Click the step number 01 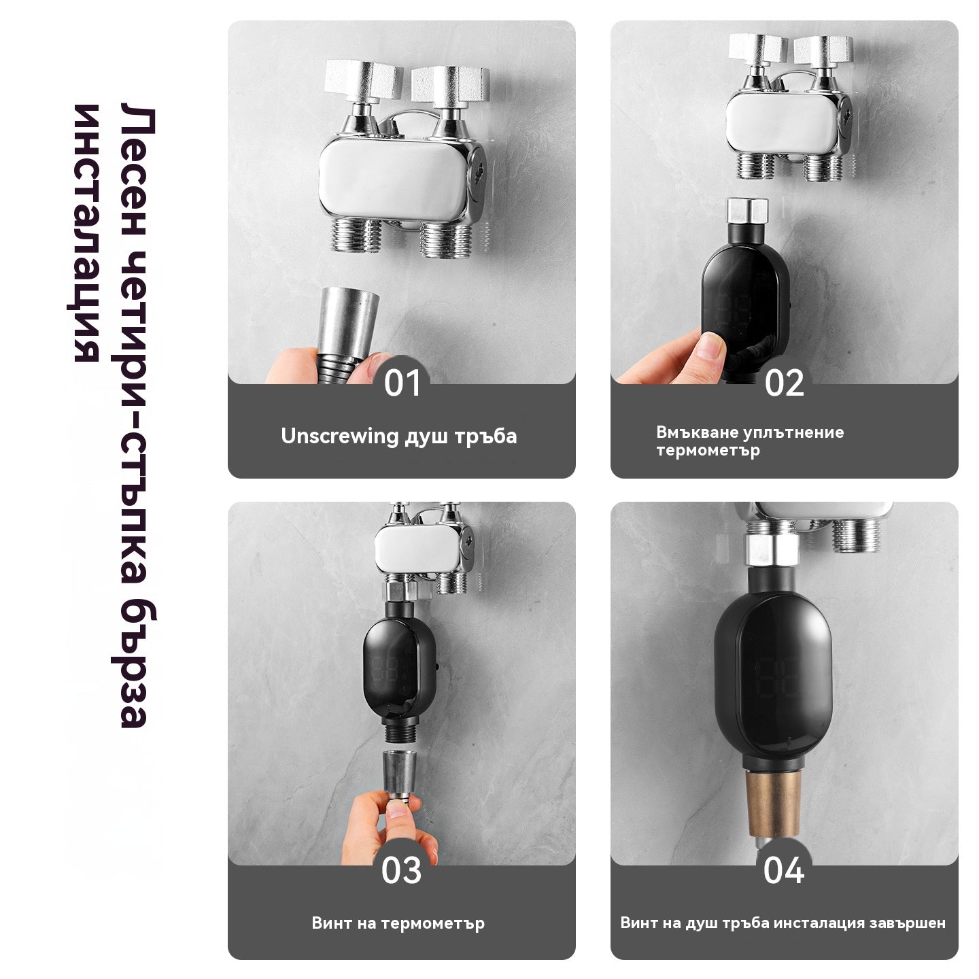click(x=402, y=383)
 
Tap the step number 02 click(x=784, y=383)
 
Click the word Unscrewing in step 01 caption click(x=340, y=436)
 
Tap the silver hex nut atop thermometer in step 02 click(x=747, y=211)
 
